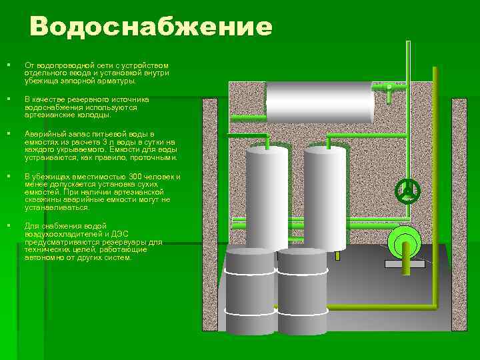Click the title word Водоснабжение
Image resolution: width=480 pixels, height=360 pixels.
pos(151,28)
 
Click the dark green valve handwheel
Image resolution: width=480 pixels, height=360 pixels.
pos(407,191)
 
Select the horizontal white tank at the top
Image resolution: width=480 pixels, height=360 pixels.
pos(320,101)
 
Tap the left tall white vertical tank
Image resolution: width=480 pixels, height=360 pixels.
pos(267,197)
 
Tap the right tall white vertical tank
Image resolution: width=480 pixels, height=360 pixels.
pos(325,197)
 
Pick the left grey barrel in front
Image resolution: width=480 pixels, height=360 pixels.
pos(250,290)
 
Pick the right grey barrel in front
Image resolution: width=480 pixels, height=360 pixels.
pos(302,290)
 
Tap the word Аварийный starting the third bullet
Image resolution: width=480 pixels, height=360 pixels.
pos(43,135)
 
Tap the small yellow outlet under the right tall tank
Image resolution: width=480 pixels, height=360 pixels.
pos(337,256)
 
